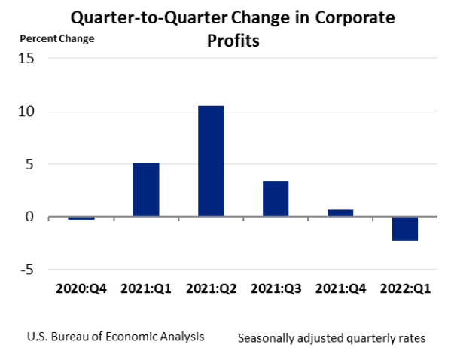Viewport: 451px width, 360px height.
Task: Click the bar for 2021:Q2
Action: pyautogui.click(x=210, y=161)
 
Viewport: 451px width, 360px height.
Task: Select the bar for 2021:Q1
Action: pyautogui.click(x=145, y=190)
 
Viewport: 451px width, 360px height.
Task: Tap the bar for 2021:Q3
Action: pyautogui.click(x=275, y=199)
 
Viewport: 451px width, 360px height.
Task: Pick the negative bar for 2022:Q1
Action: pyautogui.click(x=404, y=229)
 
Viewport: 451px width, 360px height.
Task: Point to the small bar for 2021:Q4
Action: pyautogui.click(x=340, y=213)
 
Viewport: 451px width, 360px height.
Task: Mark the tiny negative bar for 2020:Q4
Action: pyautogui.click(x=81, y=218)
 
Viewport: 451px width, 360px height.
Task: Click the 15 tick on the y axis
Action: pyautogui.click(x=26, y=59)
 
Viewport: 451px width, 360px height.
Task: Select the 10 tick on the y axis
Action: pyautogui.click(x=26, y=111)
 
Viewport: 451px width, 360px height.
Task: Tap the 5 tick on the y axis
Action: pyautogui.click(x=30, y=164)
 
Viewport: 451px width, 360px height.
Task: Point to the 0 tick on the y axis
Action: pyautogui.click(x=30, y=217)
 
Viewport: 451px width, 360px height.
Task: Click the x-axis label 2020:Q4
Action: pyautogui.click(x=81, y=288)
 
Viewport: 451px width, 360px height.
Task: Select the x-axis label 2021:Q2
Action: pyautogui.click(x=210, y=288)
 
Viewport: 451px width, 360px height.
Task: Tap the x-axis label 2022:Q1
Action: pyautogui.click(x=404, y=288)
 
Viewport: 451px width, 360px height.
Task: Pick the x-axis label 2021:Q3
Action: pyautogui.click(x=275, y=288)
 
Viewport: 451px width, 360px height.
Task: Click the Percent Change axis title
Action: pyautogui.click(x=57, y=38)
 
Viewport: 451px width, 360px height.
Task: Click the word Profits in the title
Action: pyautogui.click(x=233, y=41)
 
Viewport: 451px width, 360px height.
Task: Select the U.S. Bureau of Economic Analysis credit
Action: pyautogui.click(x=115, y=336)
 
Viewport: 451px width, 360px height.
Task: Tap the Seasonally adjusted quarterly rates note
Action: pyautogui.click(x=331, y=338)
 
